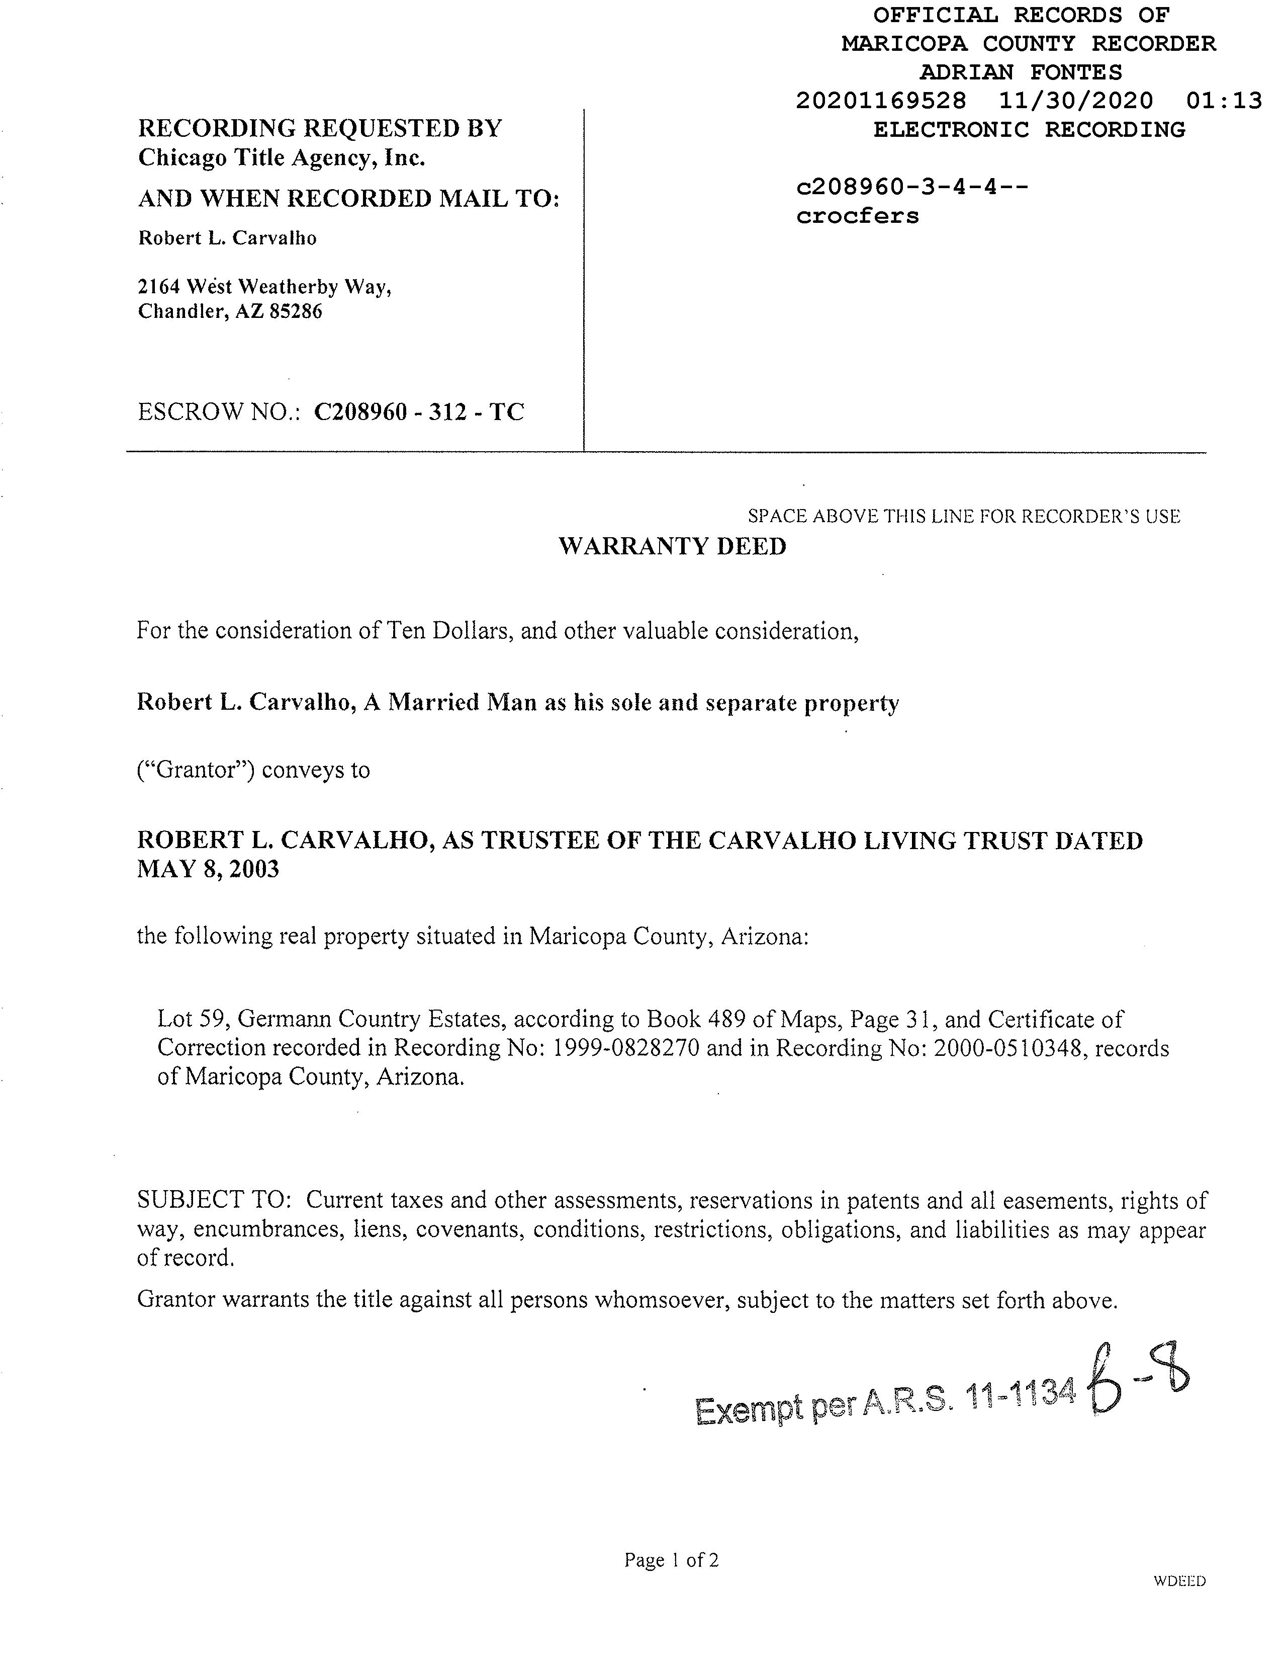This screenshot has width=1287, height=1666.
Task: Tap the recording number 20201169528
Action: pyautogui.click(x=881, y=101)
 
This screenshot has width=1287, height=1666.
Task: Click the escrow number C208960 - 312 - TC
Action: pyautogui.click(x=419, y=412)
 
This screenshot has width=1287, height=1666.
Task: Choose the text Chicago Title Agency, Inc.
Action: pyautogui.click(x=282, y=158)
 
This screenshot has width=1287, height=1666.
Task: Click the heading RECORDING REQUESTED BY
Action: pyautogui.click(x=319, y=128)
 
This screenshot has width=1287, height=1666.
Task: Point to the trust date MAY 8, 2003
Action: pyautogui.click(x=208, y=869)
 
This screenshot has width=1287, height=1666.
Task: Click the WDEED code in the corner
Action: pyautogui.click(x=1179, y=1581)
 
